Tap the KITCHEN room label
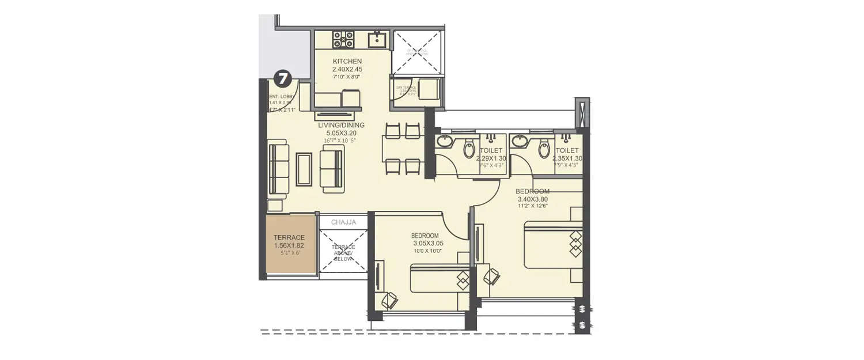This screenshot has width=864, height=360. coord(347,61)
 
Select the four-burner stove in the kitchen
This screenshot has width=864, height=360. coord(343,39)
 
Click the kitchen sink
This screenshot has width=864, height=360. coord(377,39)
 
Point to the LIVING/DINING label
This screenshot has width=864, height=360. coord(342,124)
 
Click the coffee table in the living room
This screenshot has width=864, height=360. coord(304,169)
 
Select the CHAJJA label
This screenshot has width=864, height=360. coord(343,222)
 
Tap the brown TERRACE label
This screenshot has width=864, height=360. coord(289,237)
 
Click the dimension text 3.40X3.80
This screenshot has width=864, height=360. coord(533,199)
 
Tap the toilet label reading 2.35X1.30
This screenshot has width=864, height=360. coord(567,158)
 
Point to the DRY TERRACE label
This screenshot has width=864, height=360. coord(406,87)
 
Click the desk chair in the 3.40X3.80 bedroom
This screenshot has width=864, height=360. coord(491,276)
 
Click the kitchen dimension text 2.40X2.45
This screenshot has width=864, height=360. coord(347,69)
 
